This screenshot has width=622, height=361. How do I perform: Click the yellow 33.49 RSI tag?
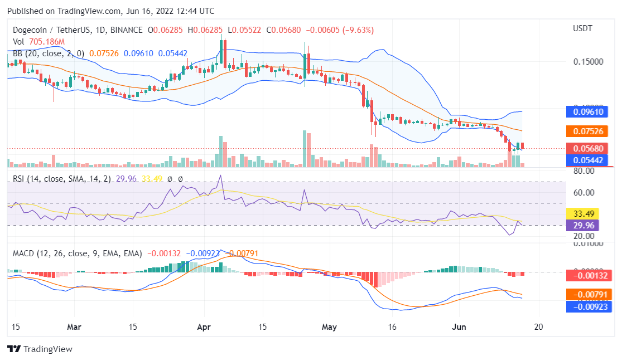coord(582,213)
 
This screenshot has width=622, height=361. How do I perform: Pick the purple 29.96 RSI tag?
coord(582,225)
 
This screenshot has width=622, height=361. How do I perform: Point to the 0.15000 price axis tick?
coord(587,61)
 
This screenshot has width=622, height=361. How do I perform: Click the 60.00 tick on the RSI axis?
coord(582,193)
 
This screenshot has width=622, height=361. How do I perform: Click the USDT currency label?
coord(583,28)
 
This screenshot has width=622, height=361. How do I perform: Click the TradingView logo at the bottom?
coord(40,349)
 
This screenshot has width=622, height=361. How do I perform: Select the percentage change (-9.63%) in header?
coord(356,30)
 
